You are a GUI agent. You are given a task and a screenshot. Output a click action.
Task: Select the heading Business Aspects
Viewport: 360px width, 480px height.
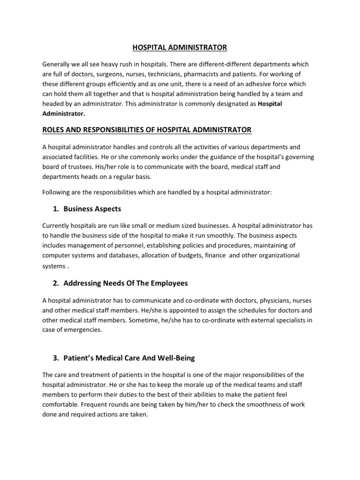92,209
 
